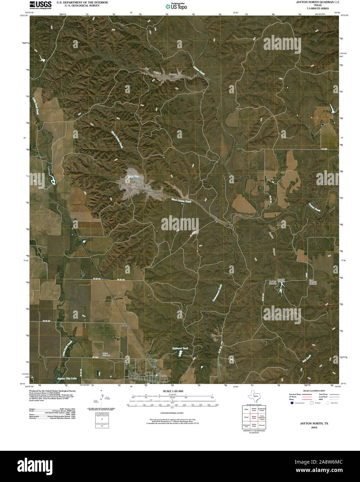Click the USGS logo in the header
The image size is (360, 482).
(x=40, y=5)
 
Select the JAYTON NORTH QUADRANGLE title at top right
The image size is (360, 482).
(x=318, y=2)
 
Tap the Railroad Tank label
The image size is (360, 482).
(x=180, y=348)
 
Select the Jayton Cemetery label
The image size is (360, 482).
(x=106, y=354)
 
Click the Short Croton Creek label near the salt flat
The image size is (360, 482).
(x=181, y=200)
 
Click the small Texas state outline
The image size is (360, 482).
(x=254, y=396)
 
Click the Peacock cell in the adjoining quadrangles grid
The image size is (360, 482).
(x=262, y=425)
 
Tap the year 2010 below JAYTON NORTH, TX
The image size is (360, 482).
(x=314, y=428)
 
